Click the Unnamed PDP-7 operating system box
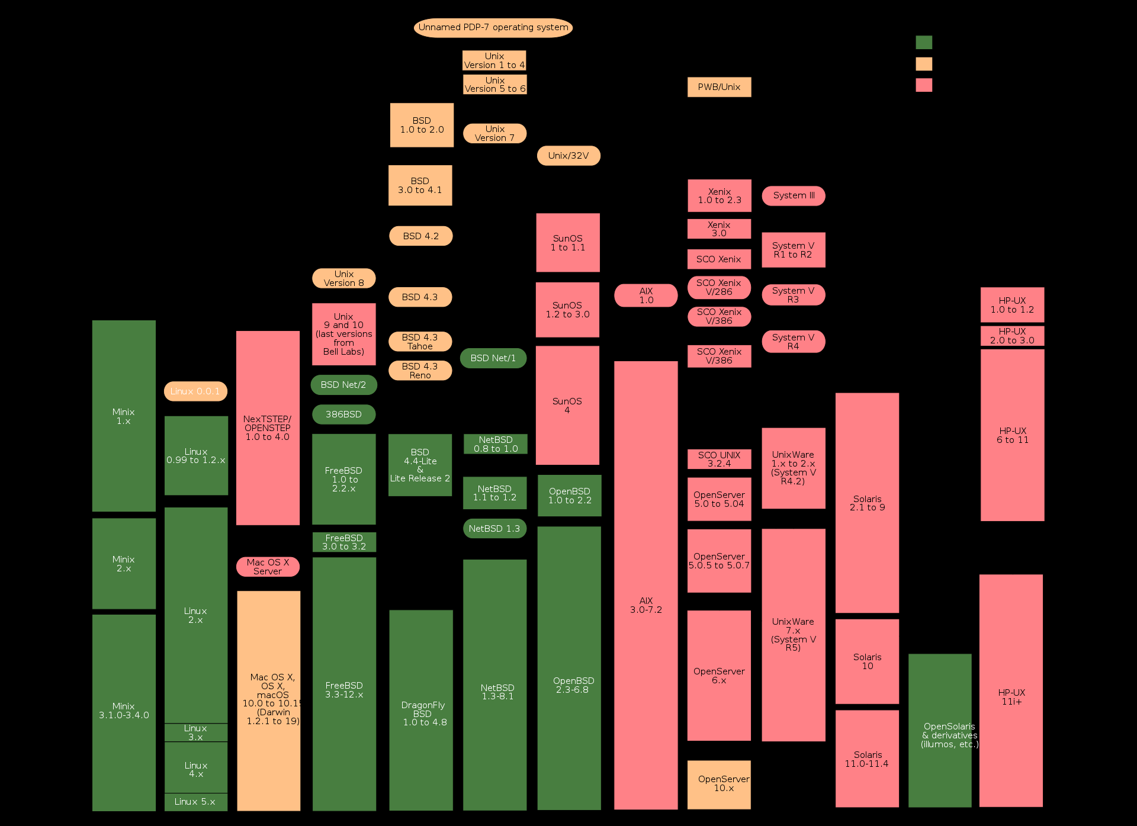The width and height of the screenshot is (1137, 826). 493,28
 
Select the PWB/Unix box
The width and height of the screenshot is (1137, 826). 719,87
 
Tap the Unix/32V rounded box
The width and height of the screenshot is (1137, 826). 568,156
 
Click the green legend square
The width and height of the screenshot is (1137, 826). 924,43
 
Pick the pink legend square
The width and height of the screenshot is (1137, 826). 924,85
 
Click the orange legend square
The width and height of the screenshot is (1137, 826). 924,64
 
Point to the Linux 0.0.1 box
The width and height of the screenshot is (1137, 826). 195,391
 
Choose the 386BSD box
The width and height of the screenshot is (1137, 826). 343,414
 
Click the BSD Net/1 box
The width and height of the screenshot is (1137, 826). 493,358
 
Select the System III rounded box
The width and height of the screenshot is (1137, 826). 794,196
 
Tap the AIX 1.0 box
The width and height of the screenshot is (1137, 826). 645,295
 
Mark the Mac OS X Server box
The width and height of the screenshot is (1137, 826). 268,567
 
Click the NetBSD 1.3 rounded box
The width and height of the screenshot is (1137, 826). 494,529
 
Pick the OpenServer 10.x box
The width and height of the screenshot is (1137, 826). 719,785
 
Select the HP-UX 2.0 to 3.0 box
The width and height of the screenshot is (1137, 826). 1012,336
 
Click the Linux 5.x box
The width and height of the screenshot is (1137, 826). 195,802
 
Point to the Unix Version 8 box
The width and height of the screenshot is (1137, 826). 344,278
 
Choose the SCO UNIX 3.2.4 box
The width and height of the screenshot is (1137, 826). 719,459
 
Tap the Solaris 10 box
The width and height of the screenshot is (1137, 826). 867,661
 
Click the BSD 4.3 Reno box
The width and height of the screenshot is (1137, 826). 420,371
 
